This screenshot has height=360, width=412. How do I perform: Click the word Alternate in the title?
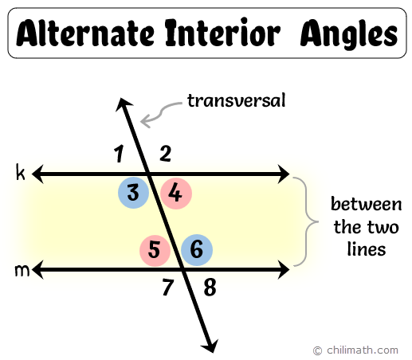(x=85, y=33)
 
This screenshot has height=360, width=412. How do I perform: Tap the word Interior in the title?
(x=222, y=33)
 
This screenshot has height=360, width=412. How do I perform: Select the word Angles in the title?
(x=349, y=34)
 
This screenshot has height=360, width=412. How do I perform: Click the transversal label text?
(x=236, y=101)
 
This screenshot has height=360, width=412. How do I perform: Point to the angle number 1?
(x=119, y=154)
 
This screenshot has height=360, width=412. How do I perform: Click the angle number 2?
(x=165, y=154)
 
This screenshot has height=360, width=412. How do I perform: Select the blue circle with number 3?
(x=133, y=193)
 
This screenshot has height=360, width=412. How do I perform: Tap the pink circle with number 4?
(x=176, y=194)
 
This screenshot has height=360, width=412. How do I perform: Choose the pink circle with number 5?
(x=155, y=250)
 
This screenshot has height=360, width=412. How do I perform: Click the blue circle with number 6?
(x=197, y=250)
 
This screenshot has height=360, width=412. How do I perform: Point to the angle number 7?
(x=168, y=288)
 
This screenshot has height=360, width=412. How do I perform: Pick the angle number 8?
(x=210, y=288)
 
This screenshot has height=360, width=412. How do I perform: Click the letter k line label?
(x=21, y=173)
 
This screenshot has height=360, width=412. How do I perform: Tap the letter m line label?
(x=22, y=271)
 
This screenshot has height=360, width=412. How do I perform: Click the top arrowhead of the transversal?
(x=122, y=104)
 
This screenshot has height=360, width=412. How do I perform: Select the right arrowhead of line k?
(x=284, y=174)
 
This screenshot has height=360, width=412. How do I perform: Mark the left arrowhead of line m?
(x=37, y=270)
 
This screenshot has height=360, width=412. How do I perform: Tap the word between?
(x=367, y=205)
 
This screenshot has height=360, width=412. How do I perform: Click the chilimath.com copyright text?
(x=356, y=350)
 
